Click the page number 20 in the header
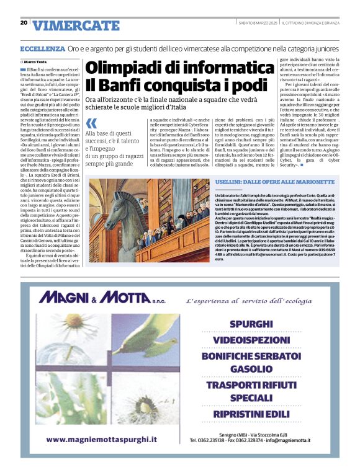click(x=24, y=23)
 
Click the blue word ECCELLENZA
click(x=42, y=48)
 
